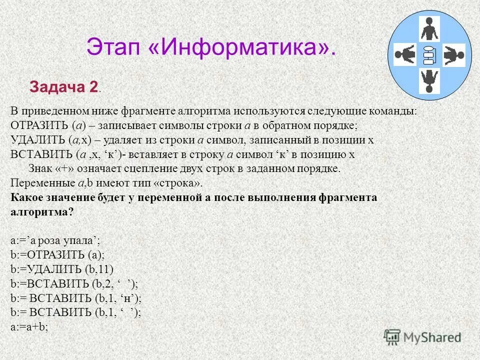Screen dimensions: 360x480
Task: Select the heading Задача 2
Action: point(64,86)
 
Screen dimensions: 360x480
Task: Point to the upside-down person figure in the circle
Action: point(428,80)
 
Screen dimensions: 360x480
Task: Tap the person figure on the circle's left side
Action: point(405,55)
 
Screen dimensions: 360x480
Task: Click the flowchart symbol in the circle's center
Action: point(428,55)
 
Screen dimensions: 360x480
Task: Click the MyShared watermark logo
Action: point(423,337)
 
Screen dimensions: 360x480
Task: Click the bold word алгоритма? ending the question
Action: point(42,211)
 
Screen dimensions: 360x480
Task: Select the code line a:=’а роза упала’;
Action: point(55,240)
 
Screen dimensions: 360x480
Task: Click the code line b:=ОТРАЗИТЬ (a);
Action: point(57,255)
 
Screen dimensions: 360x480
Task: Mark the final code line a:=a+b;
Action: point(28,326)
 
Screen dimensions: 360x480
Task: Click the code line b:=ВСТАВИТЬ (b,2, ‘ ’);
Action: point(74,283)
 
